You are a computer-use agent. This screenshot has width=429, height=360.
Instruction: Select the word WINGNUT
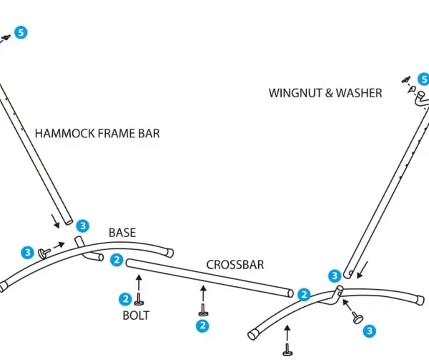(296, 93)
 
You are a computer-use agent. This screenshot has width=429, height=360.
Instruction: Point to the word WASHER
(359, 93)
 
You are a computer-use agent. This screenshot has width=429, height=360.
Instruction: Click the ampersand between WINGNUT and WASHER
(329, 93)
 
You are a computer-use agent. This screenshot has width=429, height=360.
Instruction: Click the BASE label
(122, 233)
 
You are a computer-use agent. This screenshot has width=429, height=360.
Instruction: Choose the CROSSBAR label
(235, 265)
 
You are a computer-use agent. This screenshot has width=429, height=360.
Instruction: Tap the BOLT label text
(136, 316)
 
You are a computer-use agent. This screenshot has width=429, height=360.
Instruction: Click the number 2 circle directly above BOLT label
(126, 299)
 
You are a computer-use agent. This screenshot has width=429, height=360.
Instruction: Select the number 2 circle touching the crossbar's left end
(117, 260)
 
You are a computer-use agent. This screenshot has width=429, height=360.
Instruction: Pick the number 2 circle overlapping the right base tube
(304, 295)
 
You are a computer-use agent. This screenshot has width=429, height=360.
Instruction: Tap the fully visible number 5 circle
(21, 33)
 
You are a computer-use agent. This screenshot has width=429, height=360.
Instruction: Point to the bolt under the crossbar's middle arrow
(203, 310)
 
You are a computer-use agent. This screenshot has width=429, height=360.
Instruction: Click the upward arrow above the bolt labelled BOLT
(139, 283)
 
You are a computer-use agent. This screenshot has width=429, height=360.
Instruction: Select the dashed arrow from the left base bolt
(59, 245)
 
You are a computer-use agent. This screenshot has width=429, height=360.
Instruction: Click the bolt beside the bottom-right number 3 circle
(357, 318)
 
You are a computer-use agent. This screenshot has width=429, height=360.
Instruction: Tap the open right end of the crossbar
(290, 293)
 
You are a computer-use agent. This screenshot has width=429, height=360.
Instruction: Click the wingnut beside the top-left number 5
(6, 37)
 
